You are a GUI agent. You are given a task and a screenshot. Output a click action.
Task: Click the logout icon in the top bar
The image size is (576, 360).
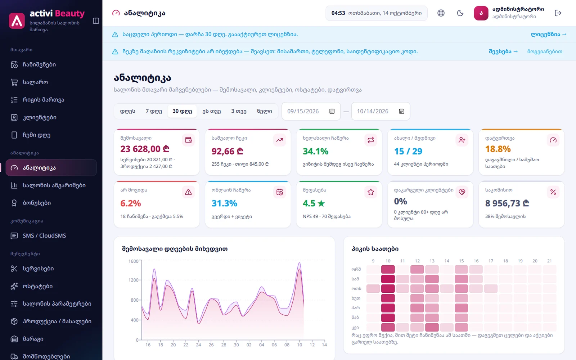coord(558,13)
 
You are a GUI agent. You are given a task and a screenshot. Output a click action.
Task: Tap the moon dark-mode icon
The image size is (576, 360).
coord(460,13)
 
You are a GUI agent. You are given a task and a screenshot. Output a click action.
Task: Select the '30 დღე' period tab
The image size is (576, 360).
coord(182,111)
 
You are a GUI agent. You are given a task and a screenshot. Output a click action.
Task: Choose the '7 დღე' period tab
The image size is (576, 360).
coord(154,111)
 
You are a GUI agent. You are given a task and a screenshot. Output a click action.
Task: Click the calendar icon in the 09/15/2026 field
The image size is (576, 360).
coord(332,111)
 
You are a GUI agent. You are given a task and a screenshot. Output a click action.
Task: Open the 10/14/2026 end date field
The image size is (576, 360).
coord(381,111)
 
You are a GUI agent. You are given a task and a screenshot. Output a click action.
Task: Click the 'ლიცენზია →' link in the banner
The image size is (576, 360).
coord(549,34)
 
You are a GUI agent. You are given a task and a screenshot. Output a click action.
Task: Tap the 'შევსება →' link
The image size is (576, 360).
coord(503,51)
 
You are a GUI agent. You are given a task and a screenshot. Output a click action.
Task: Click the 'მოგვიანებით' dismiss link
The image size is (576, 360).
coord(545,51)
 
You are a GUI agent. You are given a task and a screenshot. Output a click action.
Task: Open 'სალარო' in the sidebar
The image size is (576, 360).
coord(35,82)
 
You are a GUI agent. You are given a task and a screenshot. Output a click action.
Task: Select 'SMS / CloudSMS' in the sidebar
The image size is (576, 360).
coord(44,235)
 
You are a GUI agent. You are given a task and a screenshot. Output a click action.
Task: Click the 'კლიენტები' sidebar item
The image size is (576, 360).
coord(39,117)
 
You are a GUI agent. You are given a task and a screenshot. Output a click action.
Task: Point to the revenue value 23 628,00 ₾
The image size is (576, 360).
coord(145,149)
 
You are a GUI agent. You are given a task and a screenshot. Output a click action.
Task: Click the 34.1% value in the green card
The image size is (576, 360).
coord(315,151)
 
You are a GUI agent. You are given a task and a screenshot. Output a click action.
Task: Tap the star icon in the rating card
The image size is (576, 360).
coord(370,192)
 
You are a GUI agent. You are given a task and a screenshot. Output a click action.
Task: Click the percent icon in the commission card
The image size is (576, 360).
coord(553,192)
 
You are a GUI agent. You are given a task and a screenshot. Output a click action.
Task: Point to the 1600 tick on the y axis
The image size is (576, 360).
coord(134,261)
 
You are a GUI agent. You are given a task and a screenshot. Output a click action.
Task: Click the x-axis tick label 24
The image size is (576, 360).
coord(198,345)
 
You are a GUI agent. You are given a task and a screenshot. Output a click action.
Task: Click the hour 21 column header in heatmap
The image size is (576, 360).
coord(549,261)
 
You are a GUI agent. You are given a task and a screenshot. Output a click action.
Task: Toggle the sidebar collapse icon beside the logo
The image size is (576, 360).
coord(96,21)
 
